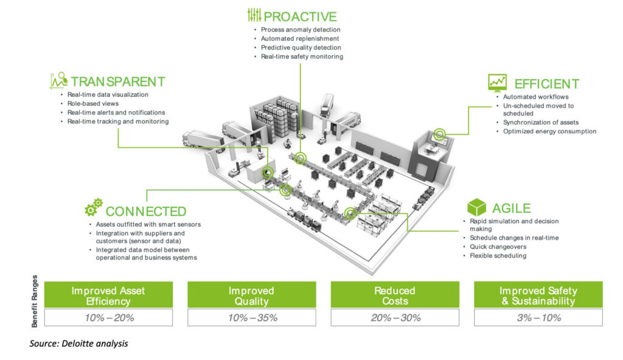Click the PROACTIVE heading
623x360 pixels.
(300, 16)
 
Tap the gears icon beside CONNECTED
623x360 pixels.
(94, 207)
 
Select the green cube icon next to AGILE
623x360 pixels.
(476, 207)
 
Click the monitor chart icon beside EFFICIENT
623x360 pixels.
(497, 83)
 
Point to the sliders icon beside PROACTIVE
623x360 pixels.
(254, 15)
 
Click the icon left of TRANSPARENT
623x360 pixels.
(58, 80)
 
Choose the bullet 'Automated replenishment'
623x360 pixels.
(300, 38)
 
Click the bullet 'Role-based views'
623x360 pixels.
(93, 103)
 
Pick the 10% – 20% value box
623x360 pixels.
(108, 317)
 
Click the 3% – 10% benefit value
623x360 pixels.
(538, 317)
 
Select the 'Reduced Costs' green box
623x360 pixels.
(395, 295)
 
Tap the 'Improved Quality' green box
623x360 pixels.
(252, 295)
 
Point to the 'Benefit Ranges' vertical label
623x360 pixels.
(35, 301)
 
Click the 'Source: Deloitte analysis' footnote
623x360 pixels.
(78, 344)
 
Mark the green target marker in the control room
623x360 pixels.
(439, 134)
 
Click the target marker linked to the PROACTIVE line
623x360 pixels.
(301, 159)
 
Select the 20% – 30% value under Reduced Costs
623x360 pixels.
(395, 317)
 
